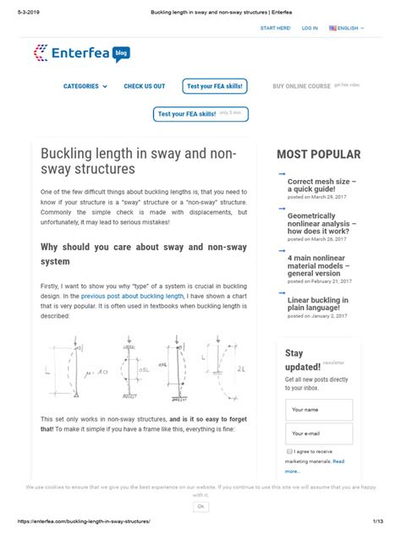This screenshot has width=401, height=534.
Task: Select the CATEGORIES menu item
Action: [x=85, y=86]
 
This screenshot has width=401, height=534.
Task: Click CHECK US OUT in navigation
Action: [x=144, y=86]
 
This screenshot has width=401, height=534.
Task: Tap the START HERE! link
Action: [x=275, y=28]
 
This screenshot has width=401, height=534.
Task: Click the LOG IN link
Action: [x=310, y=28]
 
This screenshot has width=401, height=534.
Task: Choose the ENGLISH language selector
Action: [x=347, y=28]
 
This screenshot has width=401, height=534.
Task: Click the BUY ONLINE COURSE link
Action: [x=301, y=86]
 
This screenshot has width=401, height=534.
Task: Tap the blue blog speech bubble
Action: [x=120, y=52]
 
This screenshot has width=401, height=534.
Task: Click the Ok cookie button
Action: [x=200, y=505]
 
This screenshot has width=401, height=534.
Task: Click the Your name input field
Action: [x=318, y=410]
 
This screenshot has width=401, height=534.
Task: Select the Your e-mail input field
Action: [x=318, y=433]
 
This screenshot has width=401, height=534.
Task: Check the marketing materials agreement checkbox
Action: [x=289, y=451]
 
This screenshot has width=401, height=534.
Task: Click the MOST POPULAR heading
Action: [x=318, y=155]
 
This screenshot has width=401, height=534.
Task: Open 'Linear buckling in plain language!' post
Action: [x=317, y=303]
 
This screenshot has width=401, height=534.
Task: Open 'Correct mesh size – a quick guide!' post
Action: [x=321, y=185]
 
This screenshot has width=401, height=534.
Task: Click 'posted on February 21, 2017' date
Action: [x=318, y=281]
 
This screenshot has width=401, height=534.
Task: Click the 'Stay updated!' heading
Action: [x=302, y=360]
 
